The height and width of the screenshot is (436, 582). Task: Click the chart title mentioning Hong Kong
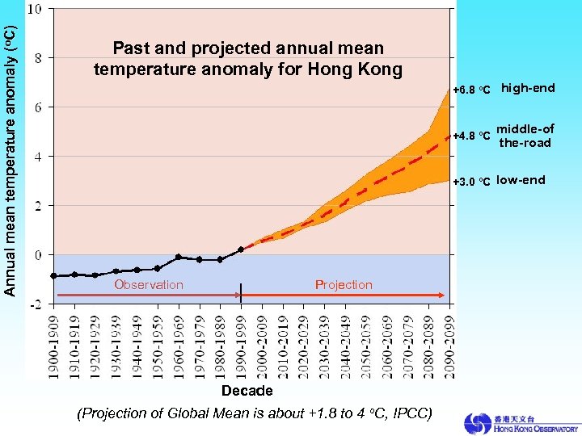pyautogui.click(x=247, y=59)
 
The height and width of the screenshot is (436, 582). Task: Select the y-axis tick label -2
pyautogui.click(x=36, y=304)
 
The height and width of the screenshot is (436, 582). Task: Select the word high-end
pyautogui.click(x=528, y=88)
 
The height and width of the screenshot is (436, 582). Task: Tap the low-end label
pyautogui.click(x=521, y=180)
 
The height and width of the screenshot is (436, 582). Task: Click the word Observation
pyautogui.click(x=149, y=284)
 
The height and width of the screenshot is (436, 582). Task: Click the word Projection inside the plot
pyautogui.click(x=344, y=284)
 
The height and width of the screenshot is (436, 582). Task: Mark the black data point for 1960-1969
pyautogui.click(x=179, y=257)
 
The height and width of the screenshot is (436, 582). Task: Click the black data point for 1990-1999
pyautogui.click(x=241, y=249)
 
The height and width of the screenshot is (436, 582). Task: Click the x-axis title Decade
pyautogui.click(x=247, y=391)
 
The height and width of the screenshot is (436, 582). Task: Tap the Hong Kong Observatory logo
pyautogui.click(x=521, y=423)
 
